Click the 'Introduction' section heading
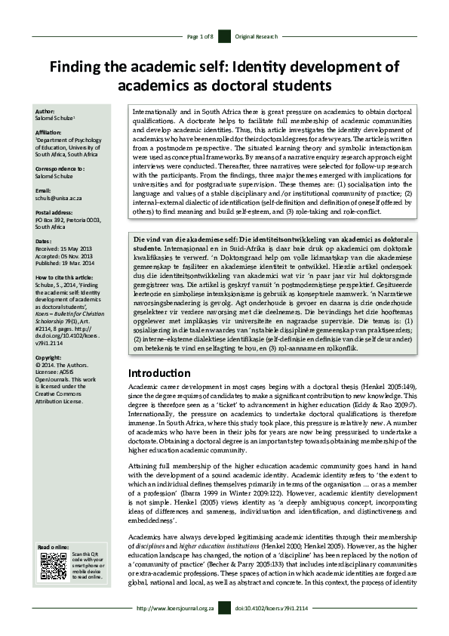[x=160, y=372]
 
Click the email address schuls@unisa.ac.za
[x=63, y=197]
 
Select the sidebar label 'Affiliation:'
[x=51, y=131]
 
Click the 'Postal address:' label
[x=56, y=212]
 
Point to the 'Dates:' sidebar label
[x=44, y=240]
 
